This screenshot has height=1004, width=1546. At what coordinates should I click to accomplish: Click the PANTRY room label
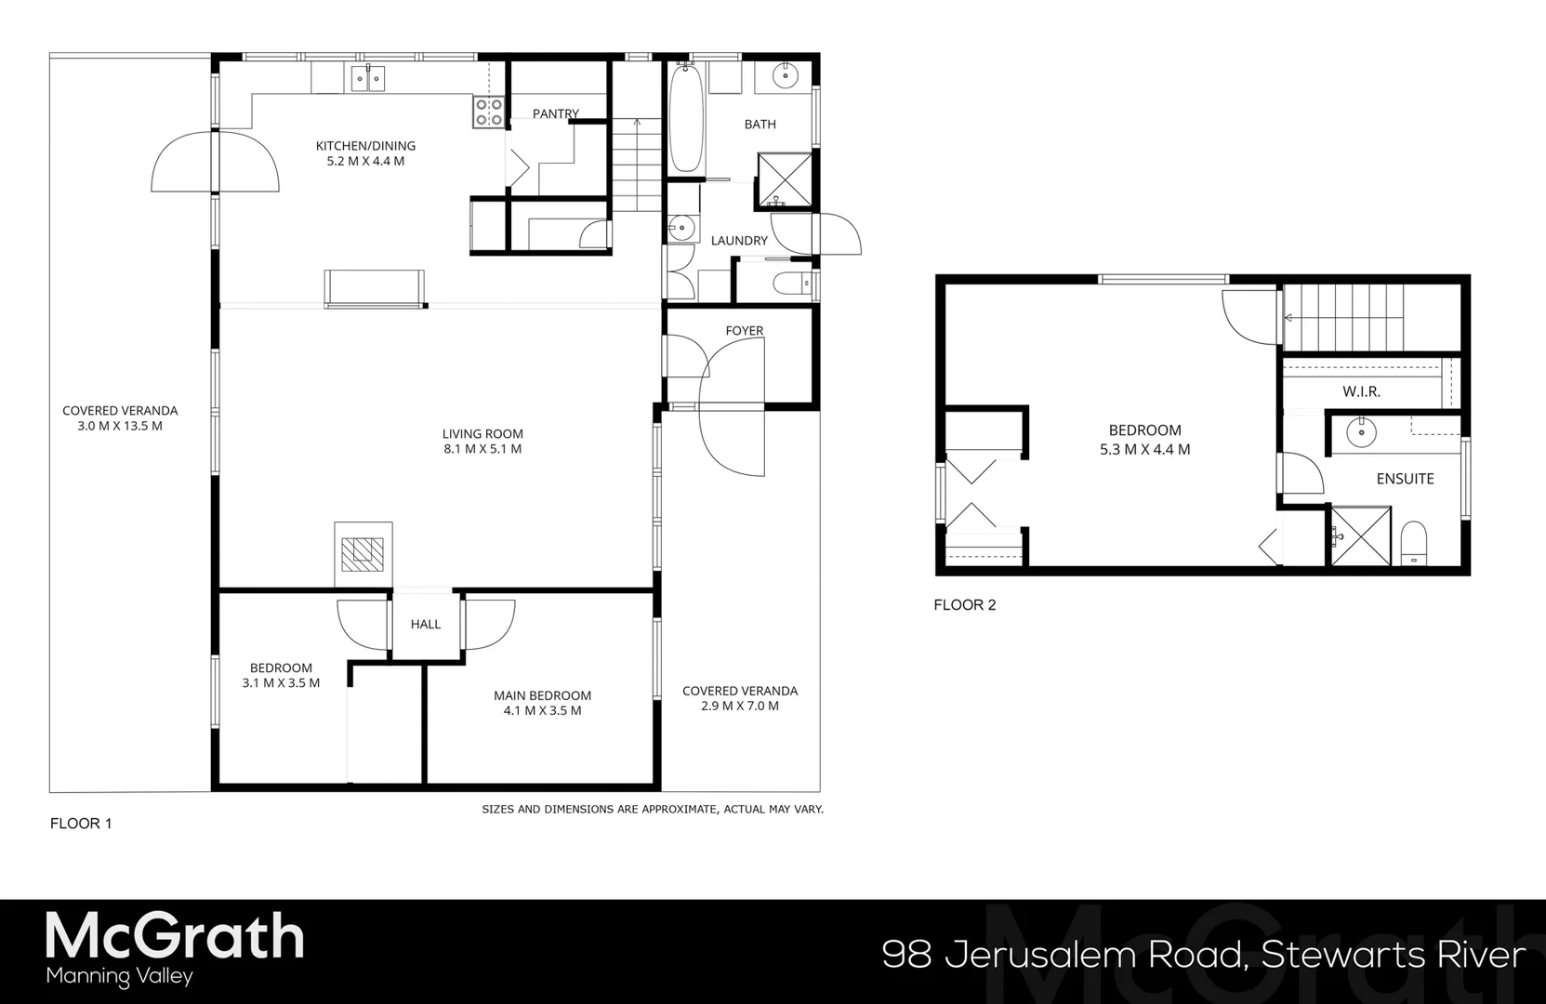556,113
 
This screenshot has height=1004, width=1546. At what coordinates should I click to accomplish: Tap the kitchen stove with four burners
489,112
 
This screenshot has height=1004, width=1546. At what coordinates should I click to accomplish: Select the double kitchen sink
368,78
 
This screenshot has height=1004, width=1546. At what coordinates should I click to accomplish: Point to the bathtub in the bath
686,119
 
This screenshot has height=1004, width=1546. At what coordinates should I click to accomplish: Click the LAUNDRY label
739,241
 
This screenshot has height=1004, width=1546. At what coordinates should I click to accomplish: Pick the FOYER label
744,331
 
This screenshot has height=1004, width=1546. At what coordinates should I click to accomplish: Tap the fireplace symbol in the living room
363,555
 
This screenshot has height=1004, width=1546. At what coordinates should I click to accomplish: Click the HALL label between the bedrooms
426,624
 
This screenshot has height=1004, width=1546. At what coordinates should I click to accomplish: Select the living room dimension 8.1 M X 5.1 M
482,449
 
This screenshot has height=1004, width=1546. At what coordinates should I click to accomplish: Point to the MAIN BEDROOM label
542,695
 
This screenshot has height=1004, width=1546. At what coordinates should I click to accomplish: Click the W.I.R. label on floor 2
1361,391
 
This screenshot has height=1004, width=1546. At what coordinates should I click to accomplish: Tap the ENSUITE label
1405,479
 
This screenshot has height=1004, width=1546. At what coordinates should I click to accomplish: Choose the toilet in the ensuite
1413,544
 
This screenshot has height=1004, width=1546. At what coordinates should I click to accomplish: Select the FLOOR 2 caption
964,605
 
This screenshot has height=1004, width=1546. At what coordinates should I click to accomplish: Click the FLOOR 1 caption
81,824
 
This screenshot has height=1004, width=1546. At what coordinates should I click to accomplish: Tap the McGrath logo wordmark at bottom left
175,937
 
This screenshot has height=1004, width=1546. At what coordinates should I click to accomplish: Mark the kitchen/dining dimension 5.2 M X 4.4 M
365,162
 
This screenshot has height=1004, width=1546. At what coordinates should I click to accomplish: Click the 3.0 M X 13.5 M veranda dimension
120,427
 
